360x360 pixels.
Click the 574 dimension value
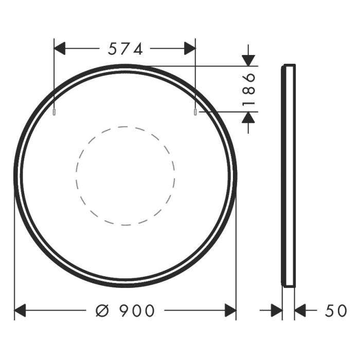(125, 49)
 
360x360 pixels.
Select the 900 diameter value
(137, 311)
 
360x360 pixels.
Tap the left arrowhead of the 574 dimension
(60, 49)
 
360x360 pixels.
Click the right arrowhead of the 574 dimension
(190, 49)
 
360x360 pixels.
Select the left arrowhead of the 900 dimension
(20, 311)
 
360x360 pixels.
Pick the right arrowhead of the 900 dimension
(230, 311)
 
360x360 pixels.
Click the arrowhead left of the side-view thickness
(277, 311)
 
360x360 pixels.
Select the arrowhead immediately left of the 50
(300, 311)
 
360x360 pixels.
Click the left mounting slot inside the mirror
(55, 112)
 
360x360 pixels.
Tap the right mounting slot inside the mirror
(195, 112)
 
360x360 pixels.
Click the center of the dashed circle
(125, 175)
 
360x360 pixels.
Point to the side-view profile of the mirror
(289, 175)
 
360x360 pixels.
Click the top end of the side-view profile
(289, 65)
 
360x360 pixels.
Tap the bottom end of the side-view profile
(289, 285)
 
